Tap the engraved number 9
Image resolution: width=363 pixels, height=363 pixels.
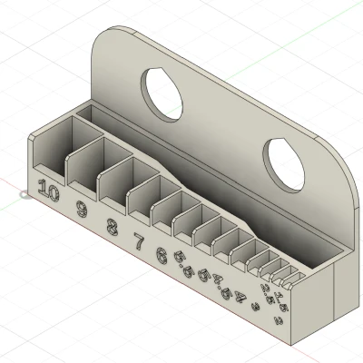pos(83,210)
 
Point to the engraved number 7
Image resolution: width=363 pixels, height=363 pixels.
pos(139,241)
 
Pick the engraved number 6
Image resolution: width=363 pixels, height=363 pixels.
pos(162,255)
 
